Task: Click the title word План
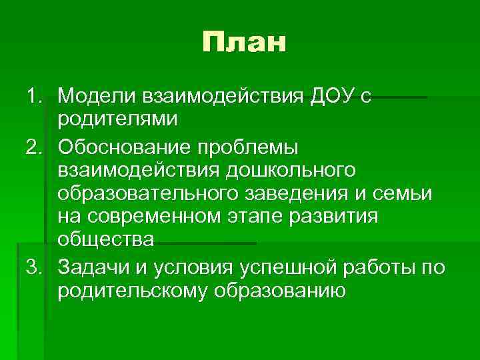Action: (x=244, y=43)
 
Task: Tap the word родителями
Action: (x=118, y=121)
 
